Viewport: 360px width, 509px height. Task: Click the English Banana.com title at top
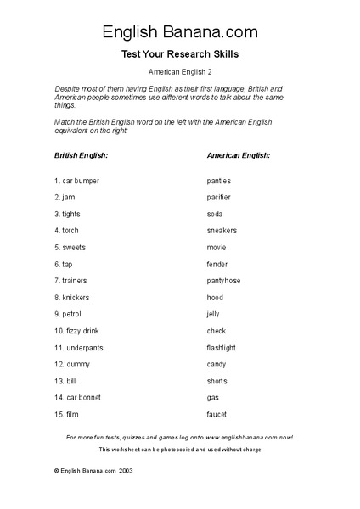click(x=180, y=32)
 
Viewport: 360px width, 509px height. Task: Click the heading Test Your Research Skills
click(x=180, y=54)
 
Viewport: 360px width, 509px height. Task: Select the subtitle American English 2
click(x=180, y=74)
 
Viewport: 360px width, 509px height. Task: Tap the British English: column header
click(x=81, y=156)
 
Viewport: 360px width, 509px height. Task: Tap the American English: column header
click(x=239, y=156)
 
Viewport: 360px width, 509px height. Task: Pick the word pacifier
click(x=219, y=198)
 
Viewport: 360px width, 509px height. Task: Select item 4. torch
click(x=68, y=231)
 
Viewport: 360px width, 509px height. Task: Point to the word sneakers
click(x=222, y=231)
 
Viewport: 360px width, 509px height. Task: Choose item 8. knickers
click(x=71, y=298)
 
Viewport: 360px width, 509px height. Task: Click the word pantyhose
click(x=223, y=281)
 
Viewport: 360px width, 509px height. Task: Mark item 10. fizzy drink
click(x=76, y=331)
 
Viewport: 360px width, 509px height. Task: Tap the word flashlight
click(x=222, y=348)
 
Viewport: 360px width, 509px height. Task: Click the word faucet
click(x=217, y=415)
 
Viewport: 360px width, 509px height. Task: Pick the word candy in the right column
click(x=217, y=365)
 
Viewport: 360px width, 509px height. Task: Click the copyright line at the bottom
click(x=93, y=470)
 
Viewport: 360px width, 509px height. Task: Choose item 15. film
click(x=66, y=415)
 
